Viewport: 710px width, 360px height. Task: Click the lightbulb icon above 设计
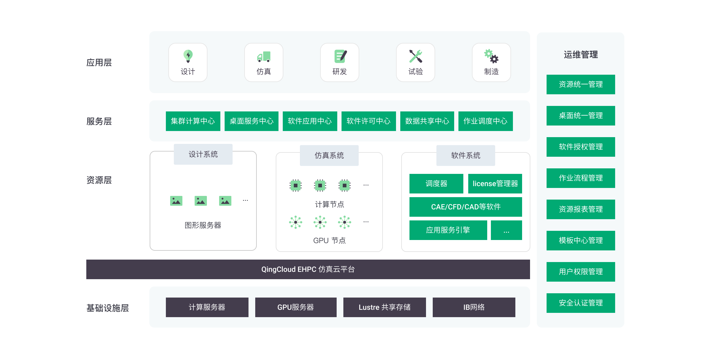pos(188,56)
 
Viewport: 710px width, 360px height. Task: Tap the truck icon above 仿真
pos(264,57)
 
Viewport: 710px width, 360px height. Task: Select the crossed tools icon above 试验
pos(416,56)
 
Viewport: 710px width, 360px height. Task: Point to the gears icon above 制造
pos(491,56)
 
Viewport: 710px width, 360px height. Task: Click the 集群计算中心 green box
pos(193,121)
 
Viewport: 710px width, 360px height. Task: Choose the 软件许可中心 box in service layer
pos(368,121)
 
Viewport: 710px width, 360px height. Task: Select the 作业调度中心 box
pos(485,121)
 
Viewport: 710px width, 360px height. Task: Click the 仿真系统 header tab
pos(329,156)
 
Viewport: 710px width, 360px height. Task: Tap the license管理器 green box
pos(495,184)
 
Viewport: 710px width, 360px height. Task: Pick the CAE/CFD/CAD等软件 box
pos(465,207)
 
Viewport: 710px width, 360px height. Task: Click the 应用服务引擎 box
pos(448,230)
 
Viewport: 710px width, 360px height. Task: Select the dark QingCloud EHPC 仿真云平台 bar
pos(308,269)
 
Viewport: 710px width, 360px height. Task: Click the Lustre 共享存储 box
pos(384,307)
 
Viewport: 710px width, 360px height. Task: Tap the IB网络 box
pos(474,307)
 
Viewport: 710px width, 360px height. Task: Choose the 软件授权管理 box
pos(581,147)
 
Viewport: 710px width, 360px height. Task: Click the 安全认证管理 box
pos(581,303)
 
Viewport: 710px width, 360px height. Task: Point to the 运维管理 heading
pos(581,55)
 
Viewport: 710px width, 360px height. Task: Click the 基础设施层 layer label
pos(107,308)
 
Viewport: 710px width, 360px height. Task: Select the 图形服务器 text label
pos(203,225)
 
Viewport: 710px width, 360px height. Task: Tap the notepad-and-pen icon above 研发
pos(340,56)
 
